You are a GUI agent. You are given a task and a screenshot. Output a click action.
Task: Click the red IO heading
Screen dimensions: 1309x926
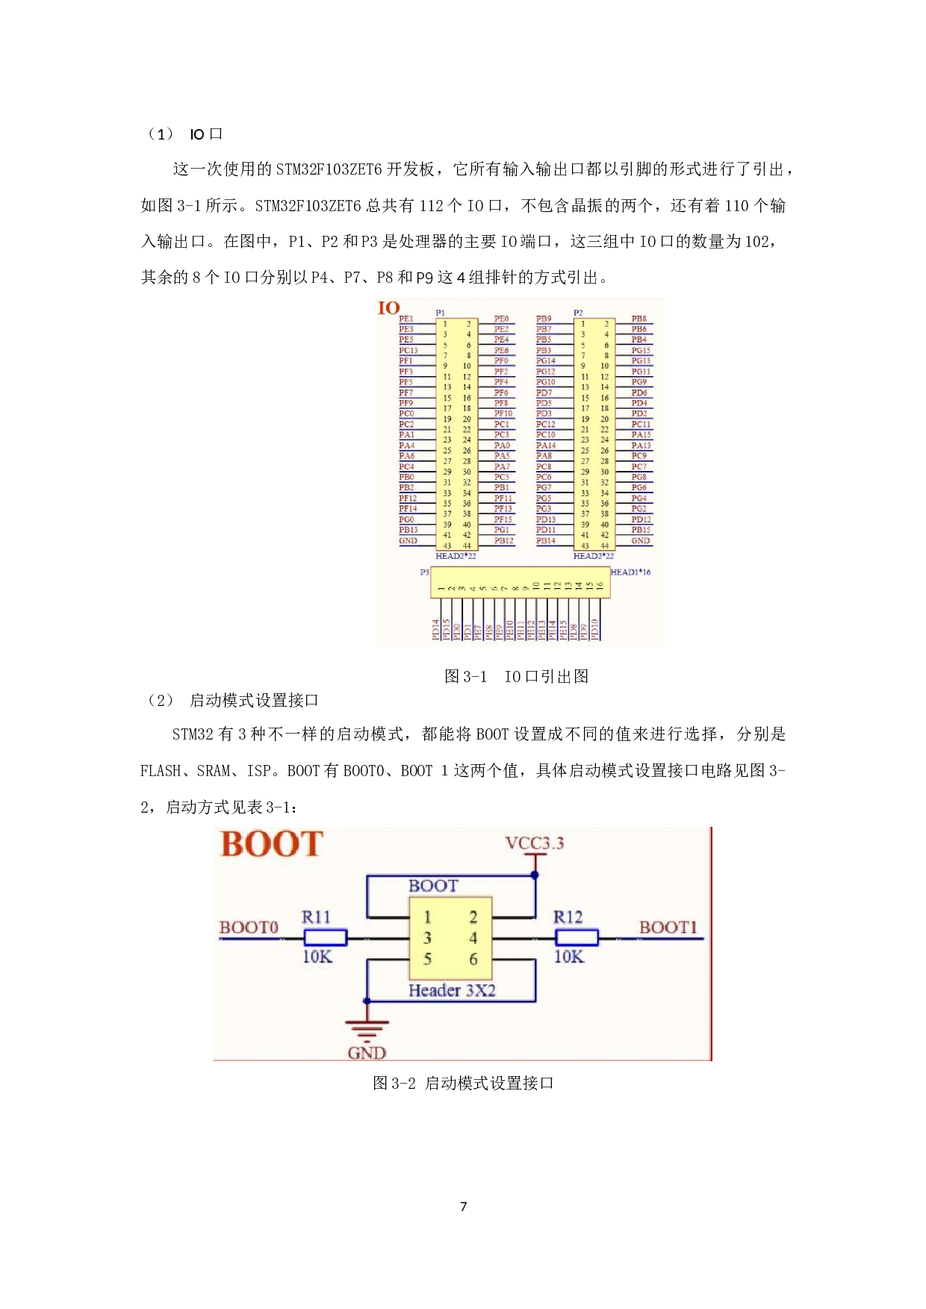point(388,308)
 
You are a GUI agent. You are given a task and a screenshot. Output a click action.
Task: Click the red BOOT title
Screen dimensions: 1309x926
point(272,845)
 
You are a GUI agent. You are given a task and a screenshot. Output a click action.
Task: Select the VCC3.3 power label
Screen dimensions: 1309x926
point(535,843)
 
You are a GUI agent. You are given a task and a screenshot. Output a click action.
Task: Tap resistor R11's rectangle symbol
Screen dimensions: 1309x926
point(325,938)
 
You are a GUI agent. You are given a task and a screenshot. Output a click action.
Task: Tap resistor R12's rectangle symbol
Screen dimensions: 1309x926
point(577,938)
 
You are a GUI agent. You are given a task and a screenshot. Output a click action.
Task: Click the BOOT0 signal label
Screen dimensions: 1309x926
point(249,928)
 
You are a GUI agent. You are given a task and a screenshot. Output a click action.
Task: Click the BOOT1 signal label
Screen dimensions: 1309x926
point(668,928)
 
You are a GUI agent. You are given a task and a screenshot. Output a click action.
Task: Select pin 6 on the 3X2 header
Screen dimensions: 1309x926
point(473,960)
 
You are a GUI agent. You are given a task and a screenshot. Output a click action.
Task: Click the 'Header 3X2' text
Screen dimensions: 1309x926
point(452,991)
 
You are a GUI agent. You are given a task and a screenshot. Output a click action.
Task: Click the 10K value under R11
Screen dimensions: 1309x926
point(317,957)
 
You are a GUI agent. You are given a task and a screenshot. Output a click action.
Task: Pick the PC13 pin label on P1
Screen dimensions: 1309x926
point(408,350)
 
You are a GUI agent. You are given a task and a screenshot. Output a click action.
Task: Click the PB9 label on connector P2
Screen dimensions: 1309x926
point(544,319)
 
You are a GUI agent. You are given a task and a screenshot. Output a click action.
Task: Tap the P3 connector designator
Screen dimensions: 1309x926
point(424,572)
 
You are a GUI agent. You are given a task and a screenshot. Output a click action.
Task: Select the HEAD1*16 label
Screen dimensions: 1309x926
point(631,572)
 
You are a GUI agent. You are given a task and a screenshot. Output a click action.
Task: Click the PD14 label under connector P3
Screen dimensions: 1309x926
point(435,630)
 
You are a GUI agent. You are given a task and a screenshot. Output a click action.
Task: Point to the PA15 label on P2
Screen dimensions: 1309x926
point(641,434)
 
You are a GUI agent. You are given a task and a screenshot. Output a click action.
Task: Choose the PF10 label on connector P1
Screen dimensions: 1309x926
point(503,413)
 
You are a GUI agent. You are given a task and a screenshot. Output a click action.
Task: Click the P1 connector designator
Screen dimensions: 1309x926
point(441,313)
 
